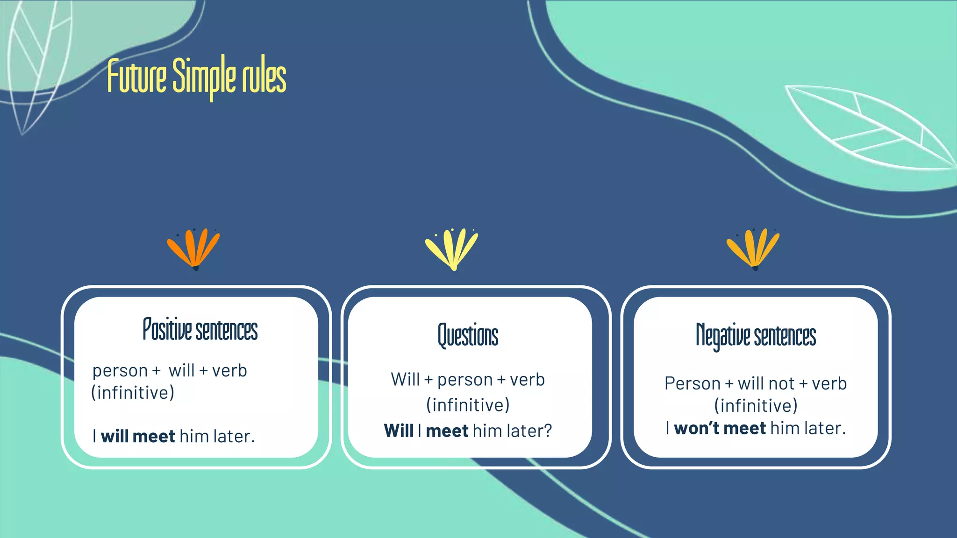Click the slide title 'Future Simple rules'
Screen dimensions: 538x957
(x=197, y=76)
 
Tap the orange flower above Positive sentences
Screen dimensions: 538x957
(x=194, y=248)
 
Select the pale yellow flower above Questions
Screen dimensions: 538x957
(x=452, y=248)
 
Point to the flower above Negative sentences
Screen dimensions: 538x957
(x=753, y=248)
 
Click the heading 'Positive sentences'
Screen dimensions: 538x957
(x=200, y=330)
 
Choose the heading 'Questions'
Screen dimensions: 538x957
(x=468, y=335)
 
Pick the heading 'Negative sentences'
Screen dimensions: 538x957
(x=756, y=336)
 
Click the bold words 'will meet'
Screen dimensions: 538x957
(x=138, y=436)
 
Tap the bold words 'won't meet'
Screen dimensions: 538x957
(x=720, y=428)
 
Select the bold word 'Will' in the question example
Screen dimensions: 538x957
(x=399, y=431)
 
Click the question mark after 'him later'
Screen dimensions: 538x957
(x=547, y=431)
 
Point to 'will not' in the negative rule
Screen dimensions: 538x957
(x=766, y=384)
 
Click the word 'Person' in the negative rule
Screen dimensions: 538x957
(x=692, y=384)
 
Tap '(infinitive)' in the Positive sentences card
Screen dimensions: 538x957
(x=133, y=393)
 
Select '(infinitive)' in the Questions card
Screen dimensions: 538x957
(x=468, y=405)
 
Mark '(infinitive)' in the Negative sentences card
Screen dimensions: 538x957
(x=756, y=405)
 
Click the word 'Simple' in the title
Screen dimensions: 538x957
(x=204, y=76)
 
